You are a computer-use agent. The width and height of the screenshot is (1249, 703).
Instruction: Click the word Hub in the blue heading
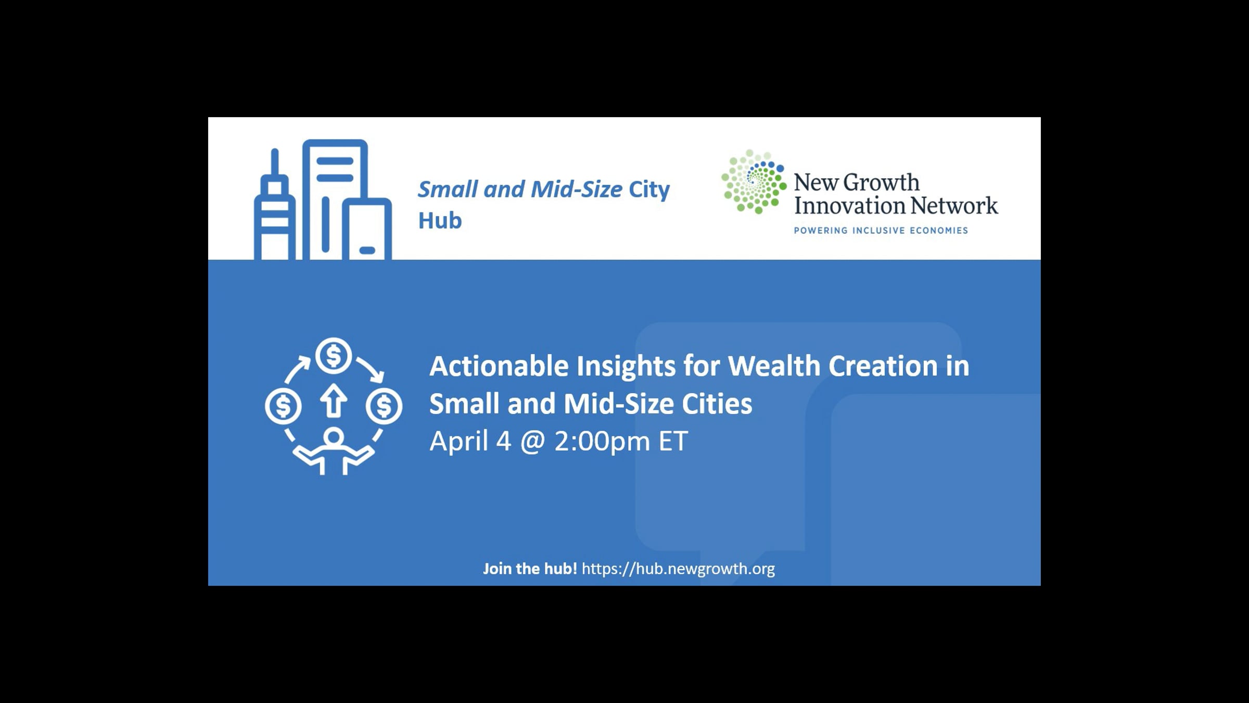tap(440, 220)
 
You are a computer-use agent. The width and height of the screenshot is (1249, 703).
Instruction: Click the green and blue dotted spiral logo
tap(754, 181)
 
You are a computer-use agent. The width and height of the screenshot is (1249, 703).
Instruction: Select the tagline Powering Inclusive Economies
tap(881, 230)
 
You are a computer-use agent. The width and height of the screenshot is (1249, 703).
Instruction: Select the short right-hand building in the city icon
tap(367, 229)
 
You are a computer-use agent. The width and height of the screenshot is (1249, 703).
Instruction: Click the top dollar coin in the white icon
tap(334, 356)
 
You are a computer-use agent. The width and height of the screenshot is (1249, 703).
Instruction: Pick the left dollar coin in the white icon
tap(283, 406)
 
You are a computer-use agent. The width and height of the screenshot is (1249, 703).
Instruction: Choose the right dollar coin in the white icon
tap(384, 406)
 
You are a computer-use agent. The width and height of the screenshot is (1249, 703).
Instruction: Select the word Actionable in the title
tap(499, 366)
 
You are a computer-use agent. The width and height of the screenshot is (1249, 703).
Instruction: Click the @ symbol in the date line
tap(532, 442)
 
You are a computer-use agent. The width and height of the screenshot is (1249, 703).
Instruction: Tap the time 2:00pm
tap(602, 442)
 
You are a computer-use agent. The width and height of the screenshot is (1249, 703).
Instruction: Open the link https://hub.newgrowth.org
tap(678, 569)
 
